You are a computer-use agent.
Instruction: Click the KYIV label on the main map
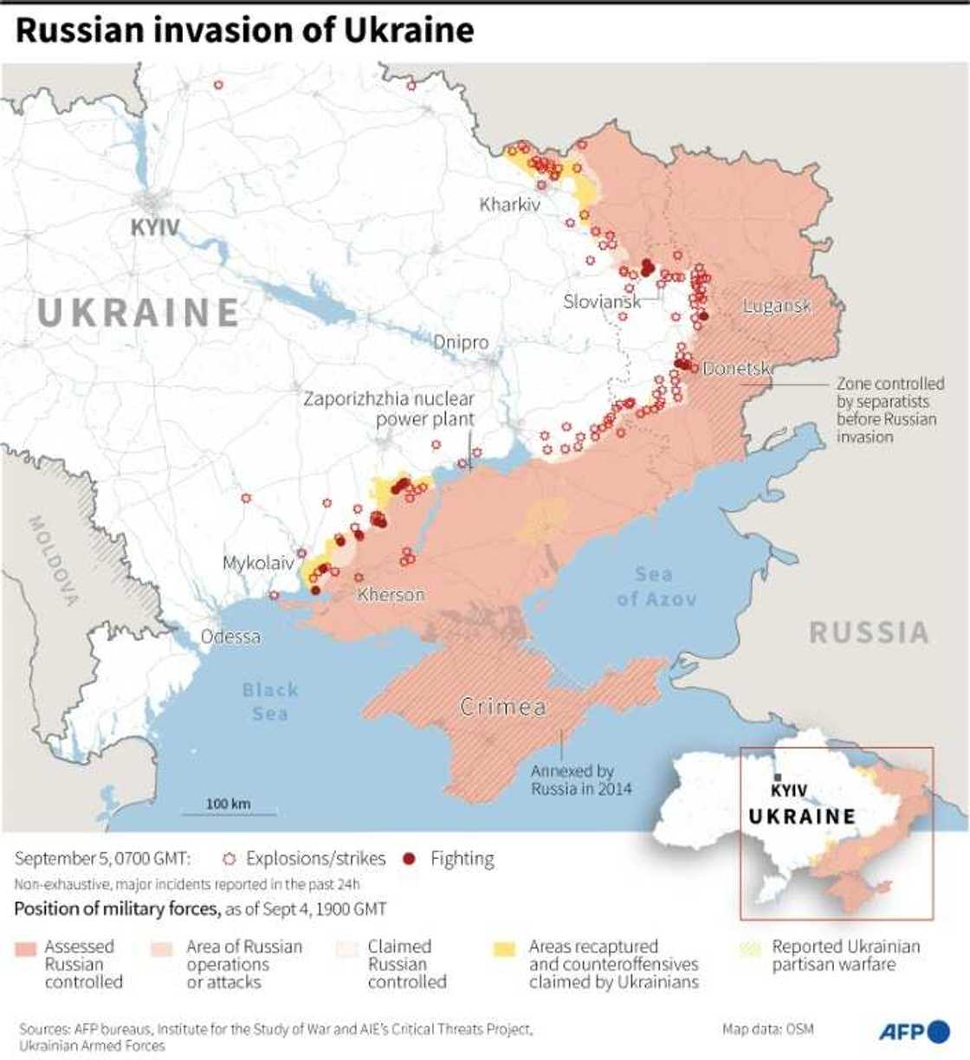(155, 228)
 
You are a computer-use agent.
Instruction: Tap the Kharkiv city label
(509, 204)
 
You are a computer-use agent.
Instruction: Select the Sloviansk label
(602, 301)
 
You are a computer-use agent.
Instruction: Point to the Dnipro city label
(461, 342)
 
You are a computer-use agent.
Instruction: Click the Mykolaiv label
(258, 563)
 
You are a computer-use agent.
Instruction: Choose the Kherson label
(391, 595)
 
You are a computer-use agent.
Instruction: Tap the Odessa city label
(230, 637)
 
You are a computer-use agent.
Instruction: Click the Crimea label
(503, 707)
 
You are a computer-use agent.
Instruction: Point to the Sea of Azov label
(656, 586)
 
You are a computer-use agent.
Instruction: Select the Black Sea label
(270, 701)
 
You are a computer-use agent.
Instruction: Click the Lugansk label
(777, 306)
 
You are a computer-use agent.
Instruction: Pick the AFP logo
(914, 1031)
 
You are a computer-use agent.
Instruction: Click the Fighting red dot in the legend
(410, 859)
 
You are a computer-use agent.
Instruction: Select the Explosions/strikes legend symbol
(230, 859)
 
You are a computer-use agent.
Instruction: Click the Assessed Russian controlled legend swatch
(26, 949)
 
